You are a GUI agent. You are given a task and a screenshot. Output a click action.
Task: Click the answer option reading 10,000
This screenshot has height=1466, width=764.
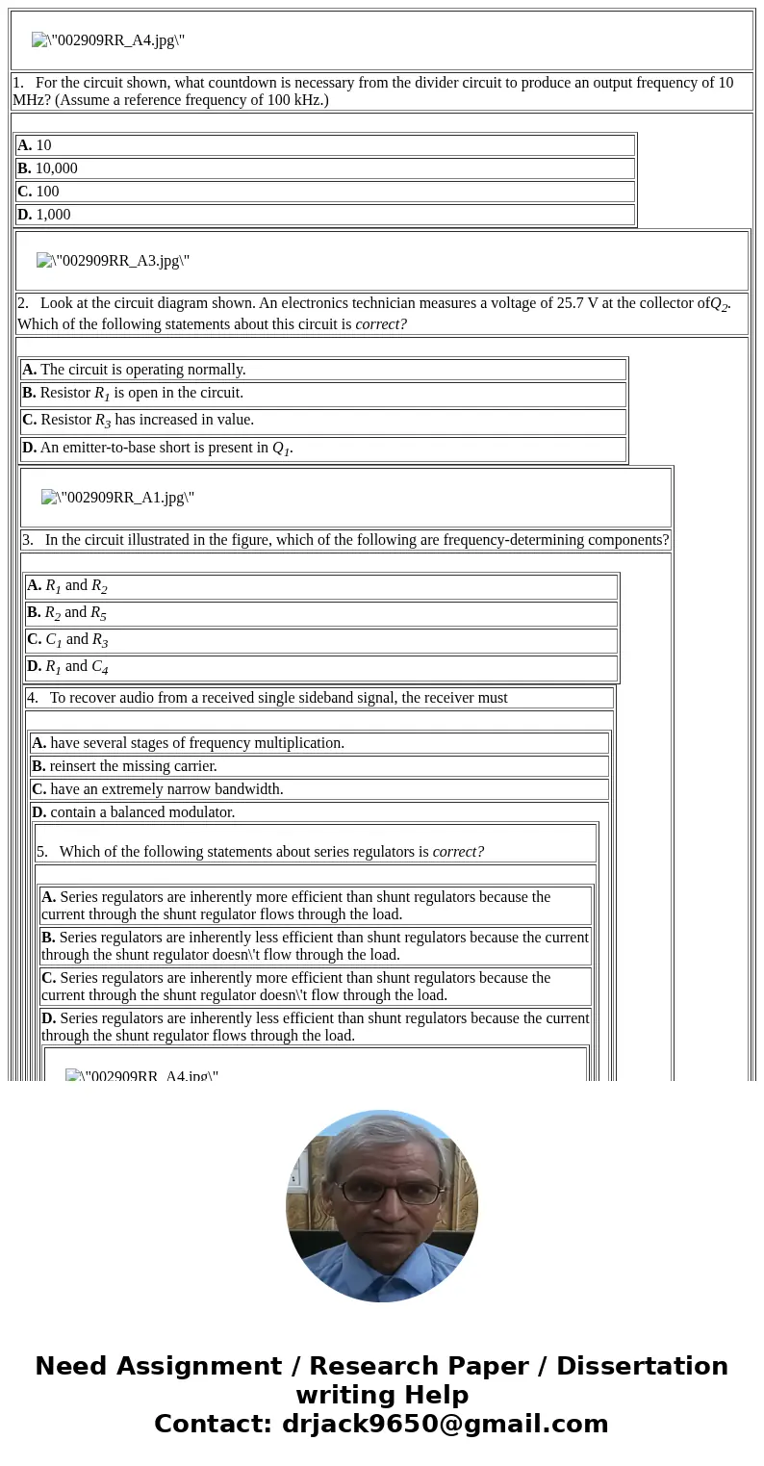click(56, 168)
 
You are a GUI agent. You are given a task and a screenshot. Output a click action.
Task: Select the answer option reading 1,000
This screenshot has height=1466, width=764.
click(53, 215)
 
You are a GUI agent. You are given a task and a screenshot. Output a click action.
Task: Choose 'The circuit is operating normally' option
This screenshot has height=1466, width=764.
click(142, 370)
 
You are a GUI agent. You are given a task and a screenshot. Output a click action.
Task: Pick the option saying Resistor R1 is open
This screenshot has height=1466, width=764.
click(140, 393)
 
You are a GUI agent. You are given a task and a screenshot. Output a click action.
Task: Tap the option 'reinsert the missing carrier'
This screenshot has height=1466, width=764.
click(133, 766)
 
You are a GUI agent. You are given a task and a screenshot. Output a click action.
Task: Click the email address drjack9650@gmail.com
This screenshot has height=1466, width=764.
click(445, 1424)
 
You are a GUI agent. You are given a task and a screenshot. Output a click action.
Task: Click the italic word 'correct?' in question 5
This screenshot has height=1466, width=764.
click(458, 852)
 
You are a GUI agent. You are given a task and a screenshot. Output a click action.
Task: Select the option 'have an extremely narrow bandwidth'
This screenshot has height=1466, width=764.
click(166, 789)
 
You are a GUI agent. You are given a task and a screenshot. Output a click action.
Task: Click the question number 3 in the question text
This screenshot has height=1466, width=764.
click(28, 540)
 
